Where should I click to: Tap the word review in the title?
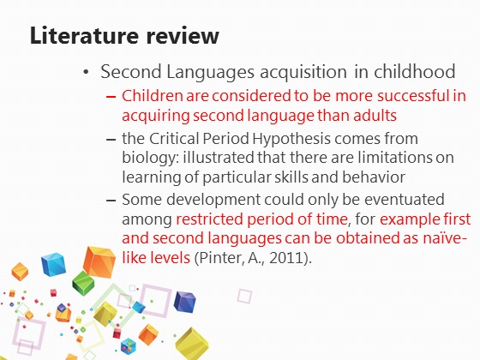tap(183, 35)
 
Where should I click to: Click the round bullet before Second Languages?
tap(86, 72)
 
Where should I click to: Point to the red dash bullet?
tap(111, 97)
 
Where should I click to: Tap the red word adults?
tap(375, 116)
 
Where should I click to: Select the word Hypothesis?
tap(291, 139)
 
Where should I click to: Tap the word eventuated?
tap(404, 200)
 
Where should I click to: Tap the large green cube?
tap(83, 283)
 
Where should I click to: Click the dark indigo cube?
tap(184, 302)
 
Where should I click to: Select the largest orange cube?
tap(99, 262)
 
